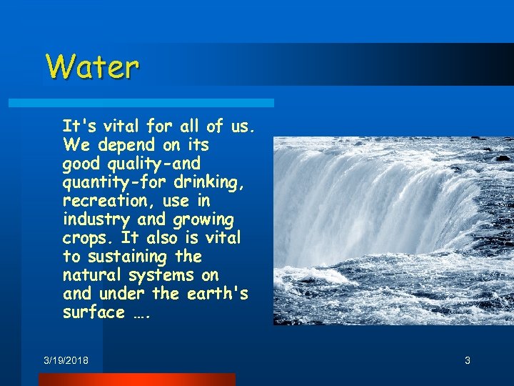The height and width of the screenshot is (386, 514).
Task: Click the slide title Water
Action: point(92,67)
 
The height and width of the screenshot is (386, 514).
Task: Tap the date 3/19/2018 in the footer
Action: point(66,360)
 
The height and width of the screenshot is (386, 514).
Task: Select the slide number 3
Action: point(468,360)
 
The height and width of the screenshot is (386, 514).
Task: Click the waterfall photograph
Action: point(393,230)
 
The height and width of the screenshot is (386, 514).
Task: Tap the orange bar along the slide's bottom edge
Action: point(136,380)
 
